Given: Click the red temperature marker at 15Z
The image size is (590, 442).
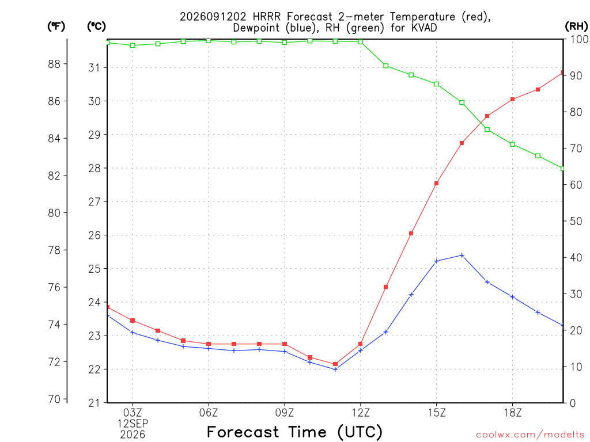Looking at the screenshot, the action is pyautogui.click(x=437, y=184).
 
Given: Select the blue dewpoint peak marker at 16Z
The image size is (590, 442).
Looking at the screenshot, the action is pyautogui.click(x=462, y=255).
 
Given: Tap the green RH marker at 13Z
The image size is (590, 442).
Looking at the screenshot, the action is pyautogui.click(x=385, y=66).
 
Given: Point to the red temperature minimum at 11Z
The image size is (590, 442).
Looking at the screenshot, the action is pyautogui.click(x=335, y=364).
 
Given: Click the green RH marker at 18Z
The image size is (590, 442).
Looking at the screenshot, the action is pyautogui.click(x=512, y=144).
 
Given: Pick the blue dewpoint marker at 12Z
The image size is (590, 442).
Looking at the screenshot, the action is pyautogui.click(x=361, y=350).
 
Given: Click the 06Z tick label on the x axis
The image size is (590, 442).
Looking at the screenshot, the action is pyautogui.click(x=209, y=413).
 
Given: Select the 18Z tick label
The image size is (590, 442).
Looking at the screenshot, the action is pyautogui.click(x=512, y=413).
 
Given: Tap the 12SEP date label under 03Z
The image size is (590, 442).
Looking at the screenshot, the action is pyautogui.click(x=133, y=424).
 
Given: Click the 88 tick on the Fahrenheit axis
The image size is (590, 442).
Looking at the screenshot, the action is pyautogui.click(x=54, y=64).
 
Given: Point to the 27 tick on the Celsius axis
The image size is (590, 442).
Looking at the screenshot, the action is pyautogui.click(x=94, y=202).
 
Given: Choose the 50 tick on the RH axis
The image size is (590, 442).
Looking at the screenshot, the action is pyautogui.click(x=576, y=221).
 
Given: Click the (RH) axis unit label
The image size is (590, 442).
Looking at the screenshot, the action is pyautogui.click(x=576, y=26).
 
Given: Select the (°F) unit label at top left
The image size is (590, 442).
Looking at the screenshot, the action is pyautogui.click(x=56, y=26).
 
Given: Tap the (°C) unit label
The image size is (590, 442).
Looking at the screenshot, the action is pyautogui.click(x=96, y=26).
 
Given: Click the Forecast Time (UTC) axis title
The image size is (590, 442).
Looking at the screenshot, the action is pyautogui.click(x=294, y=432).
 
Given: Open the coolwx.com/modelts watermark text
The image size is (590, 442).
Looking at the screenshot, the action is pyautogui.click(x=530, y=435).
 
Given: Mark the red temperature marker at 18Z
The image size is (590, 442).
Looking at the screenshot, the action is pyautogui.click(x=512, y=99).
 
